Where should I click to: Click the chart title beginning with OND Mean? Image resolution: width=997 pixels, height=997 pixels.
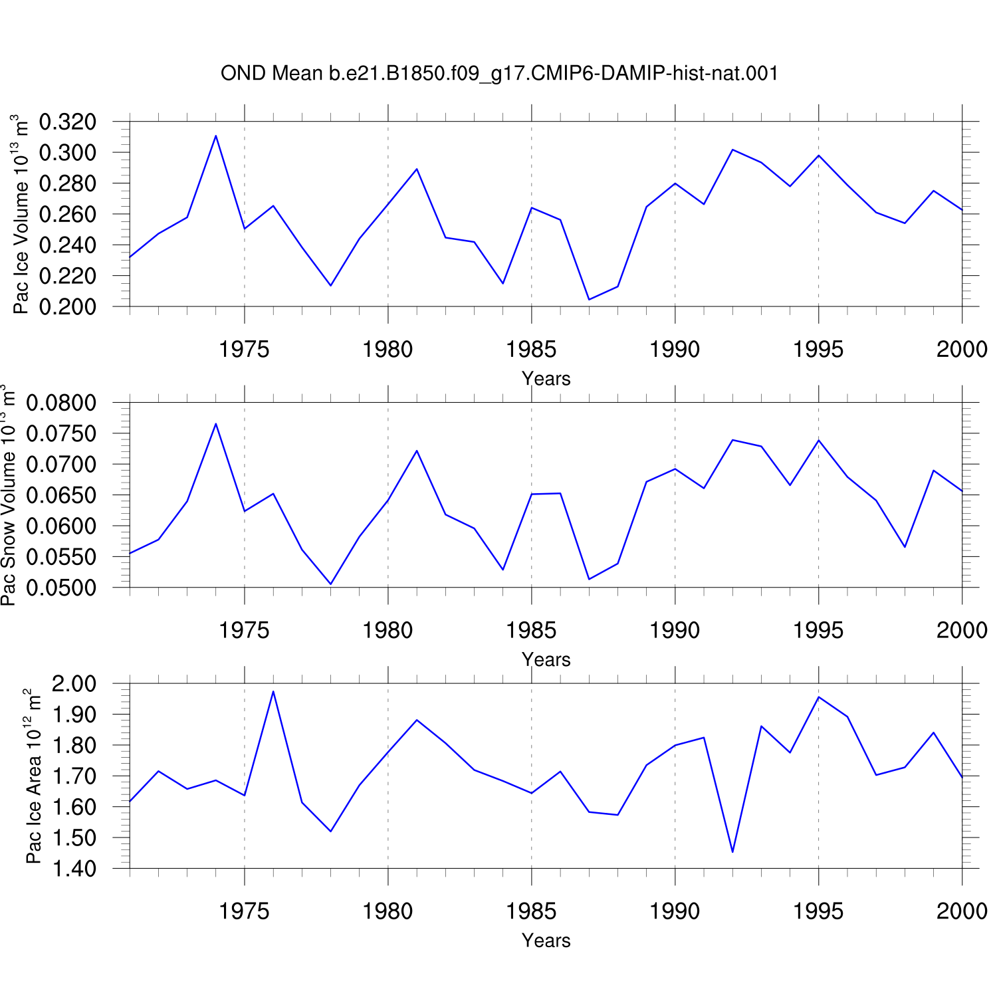tap(499, 73)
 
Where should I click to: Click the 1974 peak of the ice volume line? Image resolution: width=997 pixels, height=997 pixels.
tap(216, 136)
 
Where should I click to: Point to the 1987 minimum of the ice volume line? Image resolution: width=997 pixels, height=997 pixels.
tap(589, 299)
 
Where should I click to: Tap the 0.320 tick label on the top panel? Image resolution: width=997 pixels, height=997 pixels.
tap(68, 122)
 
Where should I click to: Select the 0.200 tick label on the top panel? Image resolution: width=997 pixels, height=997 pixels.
tap(68, 306)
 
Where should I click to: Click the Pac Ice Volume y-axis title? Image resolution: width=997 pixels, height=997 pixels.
tap(21, 214)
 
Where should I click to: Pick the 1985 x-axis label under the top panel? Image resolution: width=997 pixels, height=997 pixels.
tap(531, 349)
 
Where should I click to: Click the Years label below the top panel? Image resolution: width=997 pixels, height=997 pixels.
tap(546, 379)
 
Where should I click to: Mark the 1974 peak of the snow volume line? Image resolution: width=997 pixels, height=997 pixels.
tap(216, 423)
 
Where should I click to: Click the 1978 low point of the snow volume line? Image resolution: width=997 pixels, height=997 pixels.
tap(330, 584)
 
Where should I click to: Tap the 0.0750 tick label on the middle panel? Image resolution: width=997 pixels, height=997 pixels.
tap(61, 433)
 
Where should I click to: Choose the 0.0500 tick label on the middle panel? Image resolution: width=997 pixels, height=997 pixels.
tap(61, 588)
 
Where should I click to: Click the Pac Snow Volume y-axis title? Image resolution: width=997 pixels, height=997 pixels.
tap(8, 495)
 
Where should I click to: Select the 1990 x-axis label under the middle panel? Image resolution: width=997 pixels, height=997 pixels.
tap(675, 630)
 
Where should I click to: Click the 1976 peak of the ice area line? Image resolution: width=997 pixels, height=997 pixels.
tap(273, 691)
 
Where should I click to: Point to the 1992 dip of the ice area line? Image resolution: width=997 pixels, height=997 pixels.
tap(732, 852)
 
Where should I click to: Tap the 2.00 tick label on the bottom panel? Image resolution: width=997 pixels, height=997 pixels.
tap(74, 683)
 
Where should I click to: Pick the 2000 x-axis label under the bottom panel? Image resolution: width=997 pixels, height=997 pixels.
tap(962, 911)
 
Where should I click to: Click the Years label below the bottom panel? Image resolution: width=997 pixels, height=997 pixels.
tap(546, 941)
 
